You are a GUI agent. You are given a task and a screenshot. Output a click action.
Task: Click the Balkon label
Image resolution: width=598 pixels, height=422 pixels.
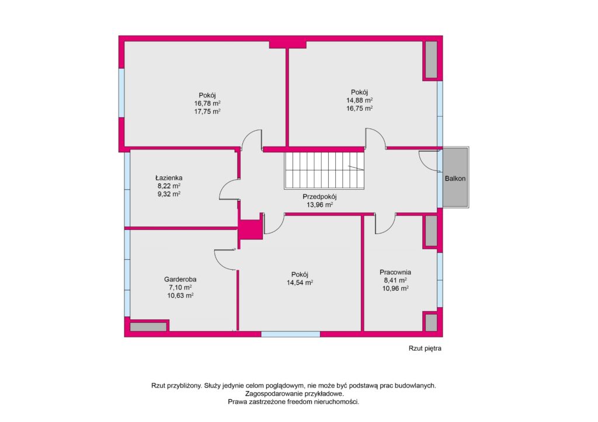click(455, 179)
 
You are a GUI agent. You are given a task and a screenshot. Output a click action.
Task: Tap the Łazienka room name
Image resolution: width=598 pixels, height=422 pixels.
click(169, 177)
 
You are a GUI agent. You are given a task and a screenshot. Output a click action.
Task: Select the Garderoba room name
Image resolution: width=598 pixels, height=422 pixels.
click(180, 280)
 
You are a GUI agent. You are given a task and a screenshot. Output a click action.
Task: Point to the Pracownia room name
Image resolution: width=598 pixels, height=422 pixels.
click(395, 272)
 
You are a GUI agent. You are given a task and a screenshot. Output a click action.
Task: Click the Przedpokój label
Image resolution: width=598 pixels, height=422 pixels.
click(319, 197)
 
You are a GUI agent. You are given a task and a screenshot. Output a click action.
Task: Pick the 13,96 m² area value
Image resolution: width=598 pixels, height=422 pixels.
click(319, 205)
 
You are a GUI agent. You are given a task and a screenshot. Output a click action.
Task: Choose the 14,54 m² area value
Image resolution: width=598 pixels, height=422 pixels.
click(300, 283)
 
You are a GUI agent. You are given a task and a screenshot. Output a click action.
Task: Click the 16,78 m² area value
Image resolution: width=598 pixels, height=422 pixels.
click(207, 103)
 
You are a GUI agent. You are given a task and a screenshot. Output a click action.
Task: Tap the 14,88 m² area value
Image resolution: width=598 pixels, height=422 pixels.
click(359, 100)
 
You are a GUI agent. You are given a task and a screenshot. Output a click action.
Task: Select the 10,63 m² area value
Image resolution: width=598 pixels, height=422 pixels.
click(180, 295)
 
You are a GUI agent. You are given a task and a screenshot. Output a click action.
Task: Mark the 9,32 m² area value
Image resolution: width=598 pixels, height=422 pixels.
click(169, 194)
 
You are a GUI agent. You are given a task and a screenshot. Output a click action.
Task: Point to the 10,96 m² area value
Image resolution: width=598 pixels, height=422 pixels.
click(395, 288)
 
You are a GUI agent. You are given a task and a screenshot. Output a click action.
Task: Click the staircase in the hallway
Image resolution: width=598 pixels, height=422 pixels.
click(324, 170)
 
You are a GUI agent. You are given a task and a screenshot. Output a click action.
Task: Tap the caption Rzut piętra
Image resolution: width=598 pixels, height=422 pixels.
click(425, 348)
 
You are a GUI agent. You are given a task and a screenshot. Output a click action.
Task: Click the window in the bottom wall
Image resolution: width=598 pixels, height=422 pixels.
click(291, 334)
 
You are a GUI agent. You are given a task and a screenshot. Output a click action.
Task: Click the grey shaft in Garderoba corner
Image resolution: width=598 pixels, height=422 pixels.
click(148, 327)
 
